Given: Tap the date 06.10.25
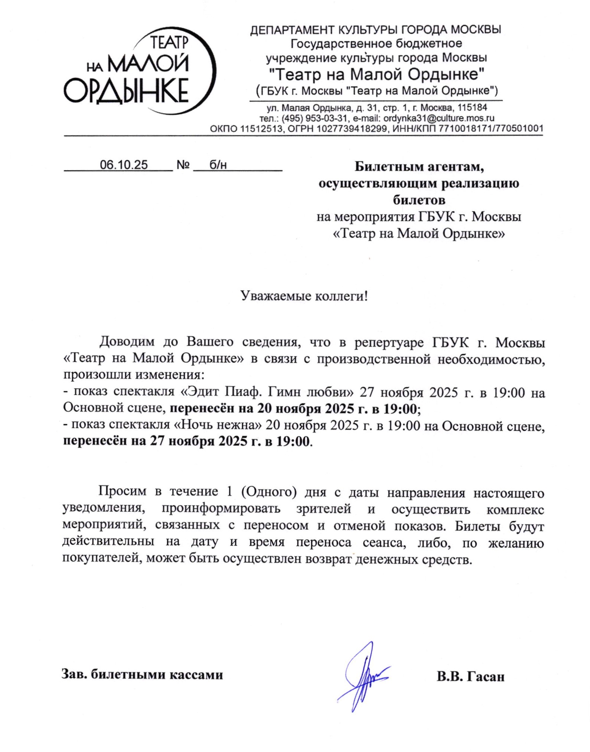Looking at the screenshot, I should pyautogui.click(x=124, y=165).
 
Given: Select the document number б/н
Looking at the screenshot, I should pyautogui.click(x=218, y=165).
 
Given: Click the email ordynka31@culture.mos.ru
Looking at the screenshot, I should pyautogui.click(x=439, y=118).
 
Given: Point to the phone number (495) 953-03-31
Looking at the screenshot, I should pyautogui.click(x=314, y=118).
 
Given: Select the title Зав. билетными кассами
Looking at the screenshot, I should pyautogui.click(x=142, y=674).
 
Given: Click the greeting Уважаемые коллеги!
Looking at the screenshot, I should pyautogui.click(x=304, y=296).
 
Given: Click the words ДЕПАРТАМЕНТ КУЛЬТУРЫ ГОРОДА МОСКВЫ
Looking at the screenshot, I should pyautogui.click(x=375, y=30).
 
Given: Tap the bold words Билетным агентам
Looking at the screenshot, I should pyautogui.click(x=419, y=167).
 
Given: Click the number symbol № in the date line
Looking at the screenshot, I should pyautogui.click(x=183, y=165).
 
